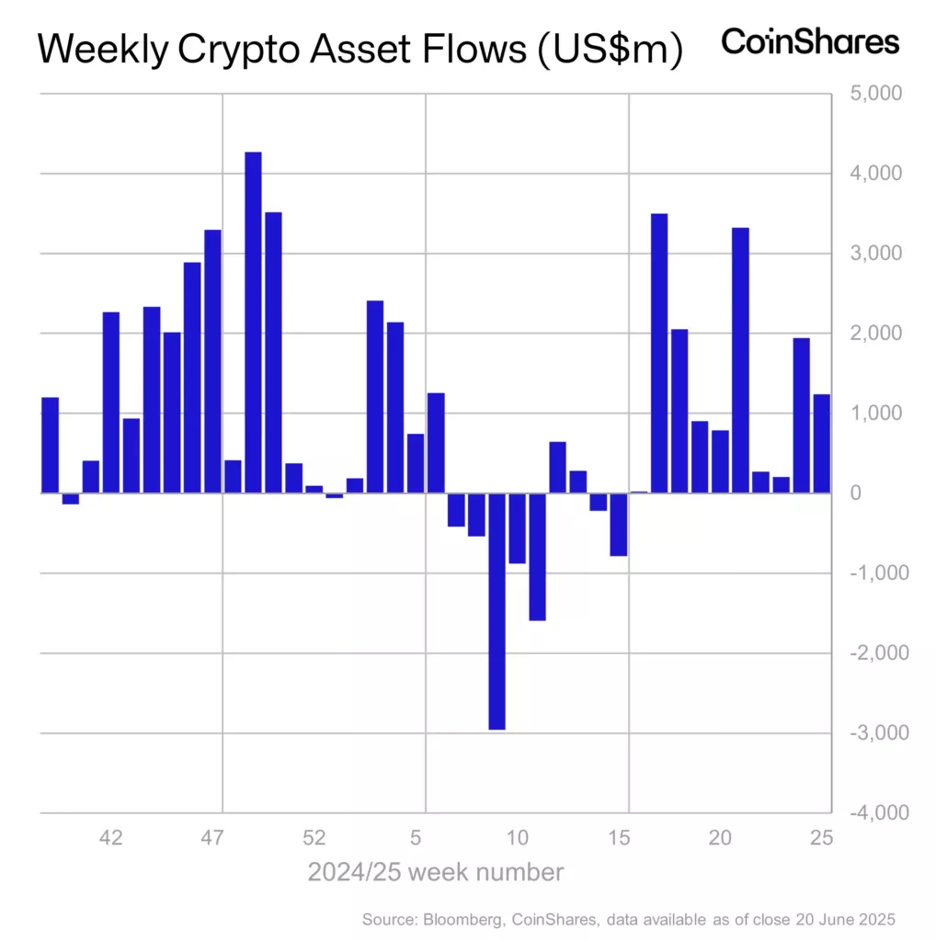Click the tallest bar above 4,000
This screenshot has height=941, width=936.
click(253, 322)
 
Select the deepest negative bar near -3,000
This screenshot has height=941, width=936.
click(497, 611)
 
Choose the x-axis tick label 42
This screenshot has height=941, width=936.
click(111, 838)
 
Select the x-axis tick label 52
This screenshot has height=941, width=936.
click(314, 838)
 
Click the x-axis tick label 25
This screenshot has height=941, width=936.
click(821, 838)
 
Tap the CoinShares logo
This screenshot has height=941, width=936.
click(810, 42)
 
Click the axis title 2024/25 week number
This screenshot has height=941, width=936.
click(435, 872)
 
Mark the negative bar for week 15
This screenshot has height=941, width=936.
click(619, 524)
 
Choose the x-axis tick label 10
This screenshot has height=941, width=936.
click(518, 838)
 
